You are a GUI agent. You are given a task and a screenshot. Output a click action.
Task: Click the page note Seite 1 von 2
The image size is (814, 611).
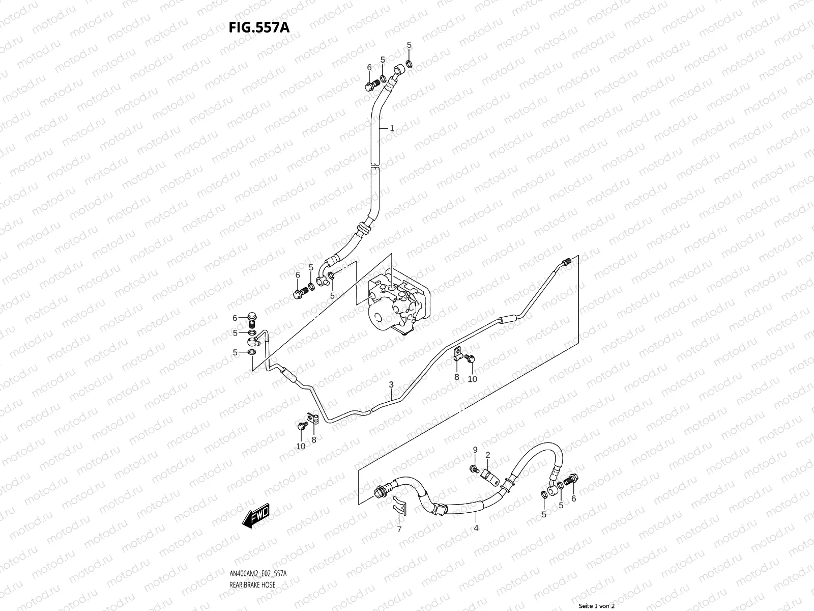coord(597,606)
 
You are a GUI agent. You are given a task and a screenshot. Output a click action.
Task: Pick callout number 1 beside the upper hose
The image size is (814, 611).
coord(392,129)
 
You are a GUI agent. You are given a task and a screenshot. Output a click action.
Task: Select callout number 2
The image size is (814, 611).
coord(487,454)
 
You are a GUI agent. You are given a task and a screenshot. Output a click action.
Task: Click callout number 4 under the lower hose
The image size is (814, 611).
coord(476,528)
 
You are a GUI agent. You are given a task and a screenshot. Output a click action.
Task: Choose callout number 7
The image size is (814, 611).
coord(399,529)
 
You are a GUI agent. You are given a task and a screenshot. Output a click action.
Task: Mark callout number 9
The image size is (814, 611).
coord(475,450)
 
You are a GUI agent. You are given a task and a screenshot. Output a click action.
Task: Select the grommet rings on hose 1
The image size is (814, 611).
coord(363,228)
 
